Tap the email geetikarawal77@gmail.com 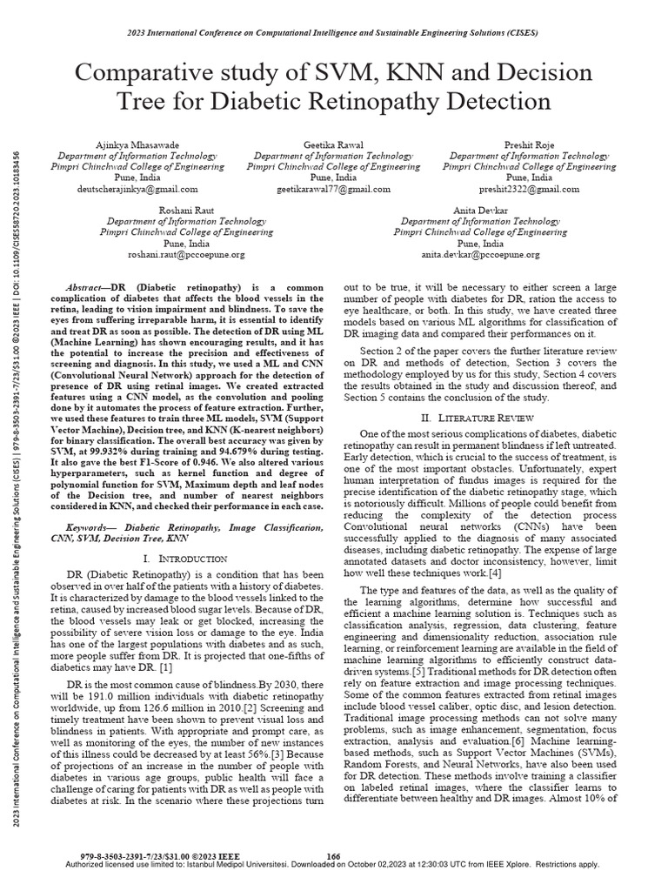coord(334,188)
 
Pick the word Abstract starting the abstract coord(86,287)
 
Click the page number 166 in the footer coord(332,856)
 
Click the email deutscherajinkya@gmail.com coord(138,188)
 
